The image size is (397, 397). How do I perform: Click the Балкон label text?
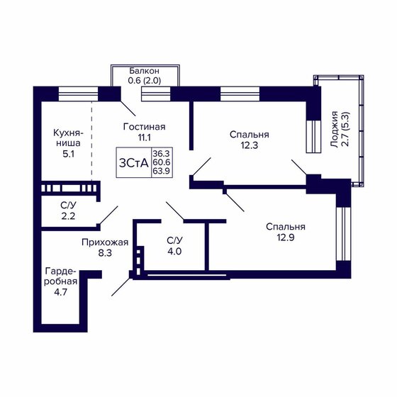(x=144, y=71)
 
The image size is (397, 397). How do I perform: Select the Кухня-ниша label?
(x=69, y=138)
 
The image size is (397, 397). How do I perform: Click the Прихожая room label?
(x=105, y=242)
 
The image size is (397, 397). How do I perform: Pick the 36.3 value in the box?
(x=161, y=153)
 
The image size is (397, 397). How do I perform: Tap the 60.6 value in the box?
(x=161, y=162)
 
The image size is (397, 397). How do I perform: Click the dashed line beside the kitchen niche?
(x=92, y=142)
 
